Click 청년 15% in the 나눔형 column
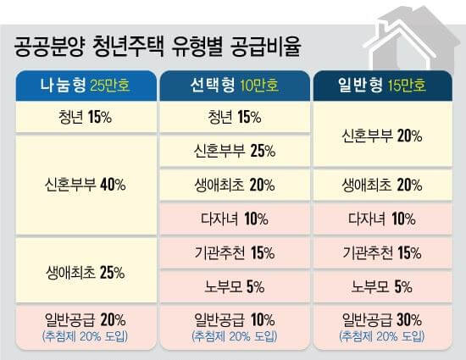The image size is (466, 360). (x=86, y=116)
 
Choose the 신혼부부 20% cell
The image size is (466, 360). (x=380, y=134)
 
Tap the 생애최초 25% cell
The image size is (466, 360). (x=86, y=273)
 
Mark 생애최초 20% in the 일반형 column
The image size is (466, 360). (x=380, y=185)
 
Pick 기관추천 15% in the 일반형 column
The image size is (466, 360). (x=380, y=252)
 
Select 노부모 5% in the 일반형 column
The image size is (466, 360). (x=380, y=285)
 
